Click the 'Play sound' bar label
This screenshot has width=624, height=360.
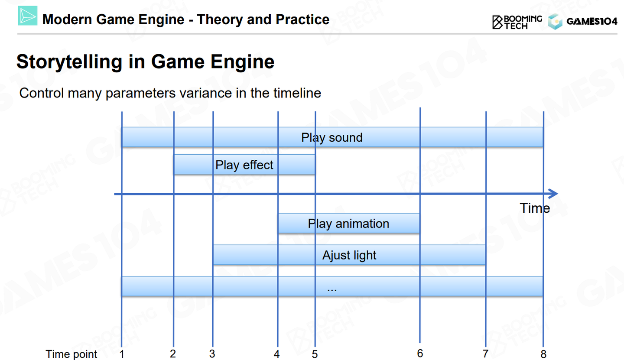point(332,138)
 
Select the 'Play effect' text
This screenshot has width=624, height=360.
point(244,165)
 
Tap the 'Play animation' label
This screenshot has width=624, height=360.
point(348,224)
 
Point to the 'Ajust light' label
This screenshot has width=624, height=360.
point(349,255)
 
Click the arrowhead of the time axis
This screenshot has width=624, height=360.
point(553,194)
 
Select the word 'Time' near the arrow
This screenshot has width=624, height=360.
point(535,208)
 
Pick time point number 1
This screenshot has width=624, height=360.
point(122,354)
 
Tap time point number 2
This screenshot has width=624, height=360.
point(173,354)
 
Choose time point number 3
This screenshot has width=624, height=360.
point(212,354)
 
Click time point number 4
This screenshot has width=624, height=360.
point(276,354)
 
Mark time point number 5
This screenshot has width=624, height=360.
point(315,354)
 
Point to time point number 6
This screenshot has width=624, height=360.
point(420,354)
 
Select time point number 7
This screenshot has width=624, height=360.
point(485,354)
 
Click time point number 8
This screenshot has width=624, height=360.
point(543,354)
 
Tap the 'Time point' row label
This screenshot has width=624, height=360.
point(71,354)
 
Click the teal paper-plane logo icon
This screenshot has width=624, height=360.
point(28,16)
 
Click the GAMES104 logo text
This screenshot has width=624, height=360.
point(592,21)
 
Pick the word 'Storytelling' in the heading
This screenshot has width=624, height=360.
point(69,62)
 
